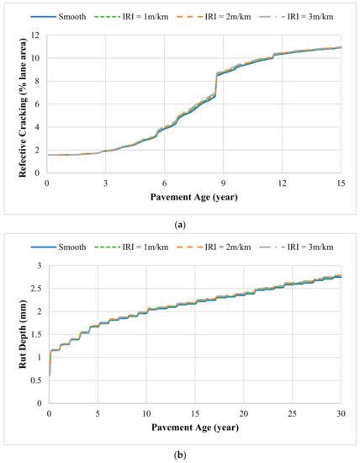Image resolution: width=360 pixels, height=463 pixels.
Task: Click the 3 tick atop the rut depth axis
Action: coord(40,266)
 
